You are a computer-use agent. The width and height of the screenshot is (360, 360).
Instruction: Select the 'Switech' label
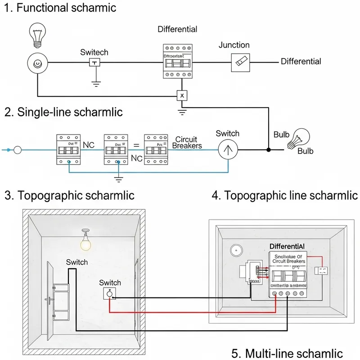coord(94,52)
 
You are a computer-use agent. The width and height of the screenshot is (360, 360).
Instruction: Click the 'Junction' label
coord(234,45)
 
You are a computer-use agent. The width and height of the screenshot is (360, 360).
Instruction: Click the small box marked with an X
coord(181,96)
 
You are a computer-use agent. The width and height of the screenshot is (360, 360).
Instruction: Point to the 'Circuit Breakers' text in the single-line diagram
coord(187,143)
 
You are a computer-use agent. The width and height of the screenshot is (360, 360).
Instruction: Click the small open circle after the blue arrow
coord(18,150)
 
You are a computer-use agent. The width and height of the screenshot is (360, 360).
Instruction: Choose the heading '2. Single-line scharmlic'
coord(63,112)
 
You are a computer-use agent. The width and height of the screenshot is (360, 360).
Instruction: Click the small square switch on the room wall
coord(109,294)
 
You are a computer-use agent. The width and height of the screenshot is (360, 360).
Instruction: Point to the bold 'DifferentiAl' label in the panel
coord(287,246)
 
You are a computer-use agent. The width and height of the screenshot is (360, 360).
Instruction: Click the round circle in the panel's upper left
coord(236,251)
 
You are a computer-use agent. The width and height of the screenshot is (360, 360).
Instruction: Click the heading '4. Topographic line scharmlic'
coord(285,195)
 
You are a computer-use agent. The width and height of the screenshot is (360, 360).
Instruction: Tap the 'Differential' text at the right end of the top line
coord(301,61)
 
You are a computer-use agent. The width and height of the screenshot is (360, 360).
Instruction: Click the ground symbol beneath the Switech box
coord(95,83)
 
